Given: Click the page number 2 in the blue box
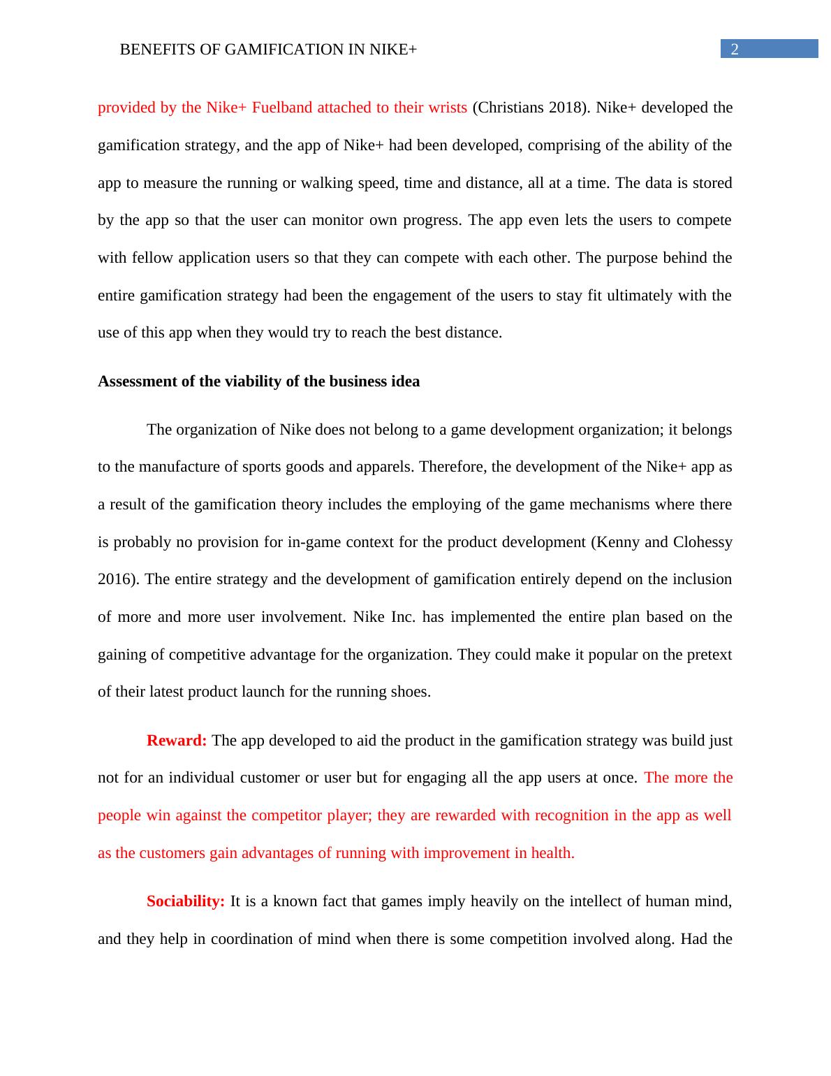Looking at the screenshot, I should click(x=734, y=49).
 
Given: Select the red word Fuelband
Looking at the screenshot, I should click(x=282, y=108).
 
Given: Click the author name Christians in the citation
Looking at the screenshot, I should click(x=510, y=108).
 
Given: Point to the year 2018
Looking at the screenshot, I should click(x=566, y=108).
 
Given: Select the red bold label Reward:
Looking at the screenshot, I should click(x=177, y=741).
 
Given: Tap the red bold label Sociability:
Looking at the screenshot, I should click(x=186, y=901).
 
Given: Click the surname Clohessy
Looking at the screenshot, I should click(x=703, y=542).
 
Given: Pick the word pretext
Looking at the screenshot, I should click(x=705, y=655).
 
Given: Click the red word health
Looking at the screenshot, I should click(x=552, y=853).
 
